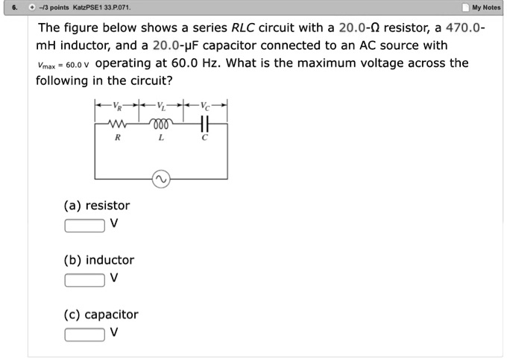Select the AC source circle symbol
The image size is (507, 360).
click(x=160, y=179)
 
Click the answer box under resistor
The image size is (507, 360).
click(x=84, y=224)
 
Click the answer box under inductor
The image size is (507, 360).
click(x=84, y=279)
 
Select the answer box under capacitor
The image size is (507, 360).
click(x=84, y=333)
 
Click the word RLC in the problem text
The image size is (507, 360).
click(x=244, y=28)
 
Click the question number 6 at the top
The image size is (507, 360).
click(x=7, y=7)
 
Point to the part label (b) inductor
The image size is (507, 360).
click(x=98, y=260)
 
